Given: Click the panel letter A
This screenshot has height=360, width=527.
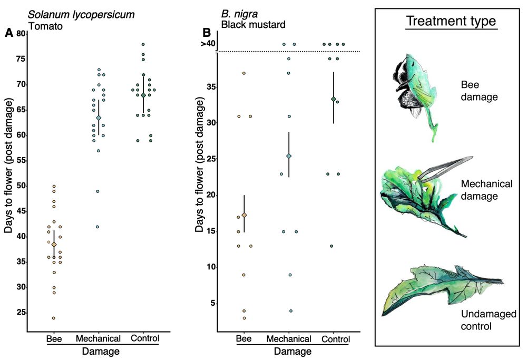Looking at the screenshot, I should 8,33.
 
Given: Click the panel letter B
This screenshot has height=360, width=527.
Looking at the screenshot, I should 207,33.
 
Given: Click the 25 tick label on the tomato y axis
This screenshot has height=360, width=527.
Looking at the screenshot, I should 21,313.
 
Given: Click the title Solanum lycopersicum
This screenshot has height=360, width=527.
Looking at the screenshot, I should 82,15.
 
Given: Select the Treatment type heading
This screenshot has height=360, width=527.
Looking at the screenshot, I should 451,22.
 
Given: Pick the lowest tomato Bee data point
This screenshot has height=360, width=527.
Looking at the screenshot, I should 54,318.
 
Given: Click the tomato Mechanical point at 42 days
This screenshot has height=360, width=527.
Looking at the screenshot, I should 97,227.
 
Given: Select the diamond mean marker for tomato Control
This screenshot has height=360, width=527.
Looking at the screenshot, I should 143,95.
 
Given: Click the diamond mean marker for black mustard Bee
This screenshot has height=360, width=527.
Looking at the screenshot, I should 244,215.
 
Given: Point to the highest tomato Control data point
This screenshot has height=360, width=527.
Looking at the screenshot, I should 143,44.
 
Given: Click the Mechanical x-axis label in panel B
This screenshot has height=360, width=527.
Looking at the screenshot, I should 289,338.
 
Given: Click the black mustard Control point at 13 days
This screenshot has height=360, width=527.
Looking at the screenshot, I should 331,246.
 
